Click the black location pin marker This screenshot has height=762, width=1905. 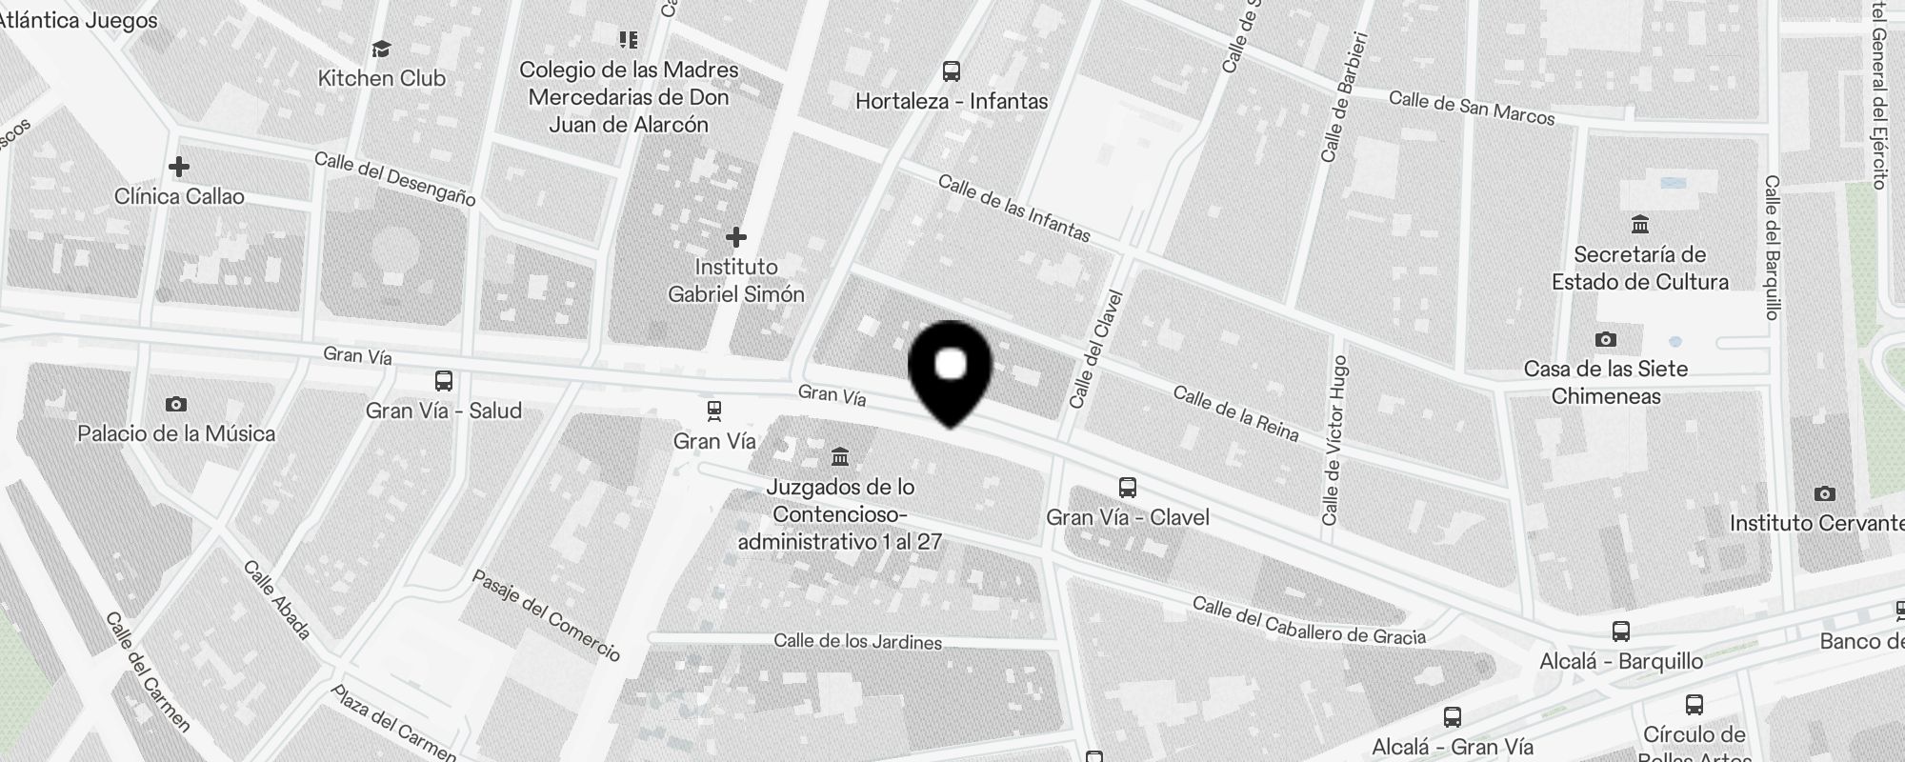click(951, 371)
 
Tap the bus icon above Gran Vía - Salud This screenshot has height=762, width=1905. click(444, 381)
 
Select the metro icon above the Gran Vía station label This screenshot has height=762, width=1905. click(714, 411)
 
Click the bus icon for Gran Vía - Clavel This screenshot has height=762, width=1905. click(1128, 488)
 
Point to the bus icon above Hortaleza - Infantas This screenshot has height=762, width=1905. click(951, 71)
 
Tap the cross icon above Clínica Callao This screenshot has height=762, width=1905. click(178, 168)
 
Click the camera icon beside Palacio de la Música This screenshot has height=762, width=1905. click(176, 405)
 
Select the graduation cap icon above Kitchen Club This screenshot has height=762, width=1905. click(381, 49)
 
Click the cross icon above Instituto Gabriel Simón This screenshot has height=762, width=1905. click(735, 237)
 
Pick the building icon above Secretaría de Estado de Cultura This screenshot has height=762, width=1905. click(1640, 225)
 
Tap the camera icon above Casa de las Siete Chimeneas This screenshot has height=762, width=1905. click(1606, 340)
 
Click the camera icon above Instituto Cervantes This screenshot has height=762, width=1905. click(1825, 493)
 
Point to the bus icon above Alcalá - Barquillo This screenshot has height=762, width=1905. click(1621, 631)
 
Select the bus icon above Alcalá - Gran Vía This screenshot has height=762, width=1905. click(1453, 716)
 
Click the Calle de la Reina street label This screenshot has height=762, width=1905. click(1235, 413)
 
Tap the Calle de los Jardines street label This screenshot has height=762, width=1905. click(857, 642)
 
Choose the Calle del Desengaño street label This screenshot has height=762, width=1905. click(394, 178)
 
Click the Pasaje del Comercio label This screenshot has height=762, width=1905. click(547, 615)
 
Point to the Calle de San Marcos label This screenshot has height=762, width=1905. click(1472, 108)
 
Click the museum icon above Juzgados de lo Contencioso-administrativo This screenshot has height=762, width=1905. click(840, 457)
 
